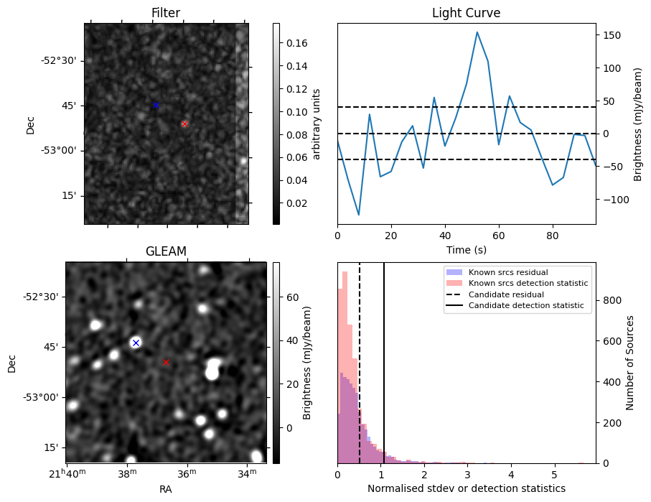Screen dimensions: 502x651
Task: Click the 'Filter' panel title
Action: [165, 13]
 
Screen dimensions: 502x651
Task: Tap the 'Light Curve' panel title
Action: [466, 13]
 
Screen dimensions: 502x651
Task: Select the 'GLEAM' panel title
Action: [165, 251]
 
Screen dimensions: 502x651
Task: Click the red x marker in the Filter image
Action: [184, 124]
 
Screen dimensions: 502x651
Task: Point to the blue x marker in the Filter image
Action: [156, 106]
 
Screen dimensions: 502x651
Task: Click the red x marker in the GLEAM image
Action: [166, 363]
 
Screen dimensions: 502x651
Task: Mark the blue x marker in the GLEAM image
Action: [136, 343]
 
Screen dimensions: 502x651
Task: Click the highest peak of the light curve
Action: [477, 32]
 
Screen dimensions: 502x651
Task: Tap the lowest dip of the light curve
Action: [359, 215]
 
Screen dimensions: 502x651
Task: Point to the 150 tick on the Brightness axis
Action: [609, 35]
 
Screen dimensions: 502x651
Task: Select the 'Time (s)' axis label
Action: [466, 248]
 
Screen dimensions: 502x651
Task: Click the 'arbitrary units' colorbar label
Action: [316, 124]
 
